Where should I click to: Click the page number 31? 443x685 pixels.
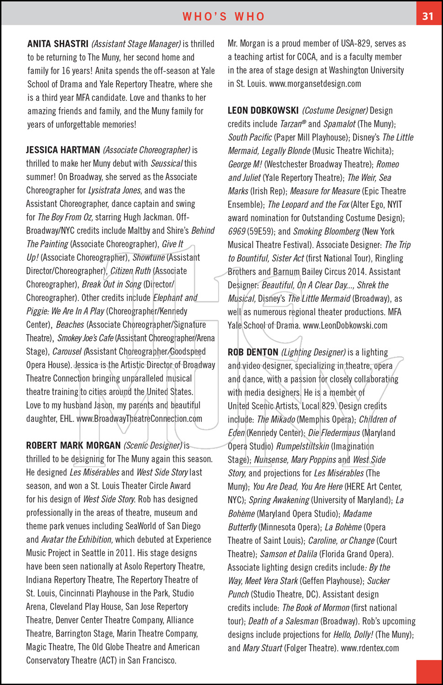428,16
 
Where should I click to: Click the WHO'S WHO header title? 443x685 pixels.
224,16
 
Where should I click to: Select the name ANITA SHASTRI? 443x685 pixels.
58,44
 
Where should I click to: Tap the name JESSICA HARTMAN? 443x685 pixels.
63,150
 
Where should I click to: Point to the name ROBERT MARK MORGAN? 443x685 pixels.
73,445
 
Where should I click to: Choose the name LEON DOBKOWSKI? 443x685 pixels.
263,111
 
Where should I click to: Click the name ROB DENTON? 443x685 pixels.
253,352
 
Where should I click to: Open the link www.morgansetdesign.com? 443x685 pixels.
315,84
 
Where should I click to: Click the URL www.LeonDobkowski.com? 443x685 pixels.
345,325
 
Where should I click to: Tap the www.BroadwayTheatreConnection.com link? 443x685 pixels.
139,418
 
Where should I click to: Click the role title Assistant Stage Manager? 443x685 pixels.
136,44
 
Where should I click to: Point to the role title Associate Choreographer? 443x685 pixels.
146,150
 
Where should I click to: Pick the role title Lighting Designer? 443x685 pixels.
313,352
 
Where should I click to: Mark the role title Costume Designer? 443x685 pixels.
335,111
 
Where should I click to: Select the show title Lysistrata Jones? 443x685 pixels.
114,190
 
